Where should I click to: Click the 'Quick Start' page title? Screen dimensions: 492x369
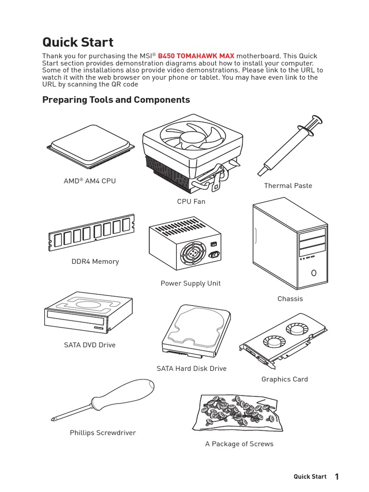[78, 42]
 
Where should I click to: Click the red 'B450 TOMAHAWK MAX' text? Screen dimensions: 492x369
[196, 56]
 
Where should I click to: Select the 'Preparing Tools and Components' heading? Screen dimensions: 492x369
[116, 100]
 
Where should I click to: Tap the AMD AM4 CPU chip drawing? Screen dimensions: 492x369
[91, 149]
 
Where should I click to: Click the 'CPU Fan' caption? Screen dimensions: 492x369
[191, 202]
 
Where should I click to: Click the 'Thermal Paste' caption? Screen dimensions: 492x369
[288, 186]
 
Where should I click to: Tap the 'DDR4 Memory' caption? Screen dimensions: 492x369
[95, 262]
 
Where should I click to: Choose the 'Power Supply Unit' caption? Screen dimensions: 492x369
[190, 283]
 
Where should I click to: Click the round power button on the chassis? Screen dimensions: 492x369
[314, 273]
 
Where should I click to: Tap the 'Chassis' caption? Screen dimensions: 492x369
[290, 299]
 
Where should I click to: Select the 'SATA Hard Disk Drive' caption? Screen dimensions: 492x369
[191, 369]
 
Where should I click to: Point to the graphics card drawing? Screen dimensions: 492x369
[283, 342]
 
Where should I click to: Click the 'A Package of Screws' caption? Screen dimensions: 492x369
[239, 444]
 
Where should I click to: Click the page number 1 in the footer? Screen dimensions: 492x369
[337, 477]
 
